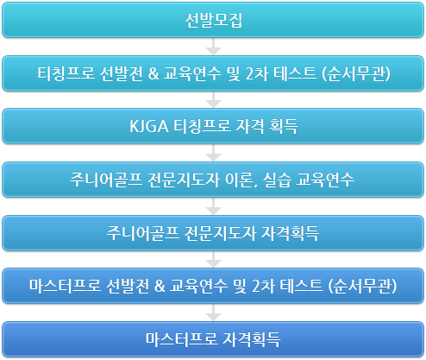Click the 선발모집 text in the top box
click(x=214, y=21)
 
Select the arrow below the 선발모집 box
click(x=213, y=47)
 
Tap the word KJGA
click(x=148, y=126)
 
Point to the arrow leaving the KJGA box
click(x=213, y=153)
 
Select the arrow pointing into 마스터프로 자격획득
click(x=213, y=313)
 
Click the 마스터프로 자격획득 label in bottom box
click(x=213, y=339)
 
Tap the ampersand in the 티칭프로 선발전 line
click(x=153, y=73)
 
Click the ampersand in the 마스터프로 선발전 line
click(x=160, y=286)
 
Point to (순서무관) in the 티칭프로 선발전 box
click(x=356, y=73)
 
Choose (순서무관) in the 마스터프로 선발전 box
click(x=362, y=287)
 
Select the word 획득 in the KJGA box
click(x=284, y=126)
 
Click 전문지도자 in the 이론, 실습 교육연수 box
click(x=184, y=180)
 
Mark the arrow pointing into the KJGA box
click(x=213, y=99)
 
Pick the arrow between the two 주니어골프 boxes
click(x=213, y=206)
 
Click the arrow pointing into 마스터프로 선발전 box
click(x=213, y=259)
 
